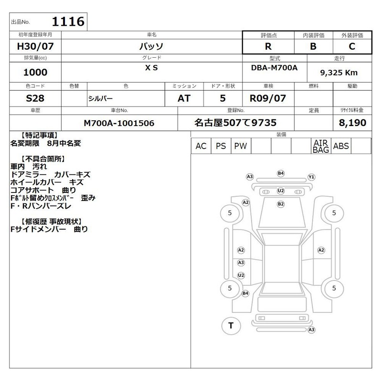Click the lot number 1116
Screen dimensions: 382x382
click(68, 21)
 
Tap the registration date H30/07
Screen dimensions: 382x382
click(35, 46)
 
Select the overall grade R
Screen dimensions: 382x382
click(268, 46)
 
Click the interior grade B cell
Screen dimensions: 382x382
click(314, 46)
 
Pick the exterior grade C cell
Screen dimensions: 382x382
click(352, 46)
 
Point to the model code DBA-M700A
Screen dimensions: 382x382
click(274, 68)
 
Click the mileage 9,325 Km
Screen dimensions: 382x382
click(339, 73)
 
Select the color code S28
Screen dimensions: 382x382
click(35, 98)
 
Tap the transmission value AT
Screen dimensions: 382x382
click(184, 98)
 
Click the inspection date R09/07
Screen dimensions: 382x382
click(268, 98)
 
